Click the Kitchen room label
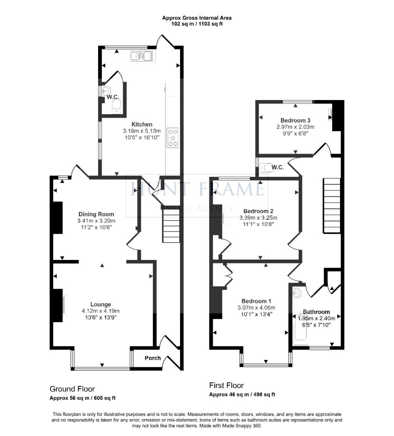coord(142,124)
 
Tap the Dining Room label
coord(96,214)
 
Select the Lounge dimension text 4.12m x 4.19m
coord(101,311)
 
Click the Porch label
coord(153,358)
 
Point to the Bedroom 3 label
coord(295,120)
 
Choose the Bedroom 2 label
coord(258,211)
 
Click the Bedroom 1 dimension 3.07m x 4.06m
coord(256,308)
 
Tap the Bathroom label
coord(316,312)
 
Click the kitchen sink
coord(141,56)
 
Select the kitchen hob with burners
coord(172,137)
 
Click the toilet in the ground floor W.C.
coord(117,106)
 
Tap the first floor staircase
coord(332,206)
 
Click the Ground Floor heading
coord(72,389)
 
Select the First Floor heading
coord(226,386)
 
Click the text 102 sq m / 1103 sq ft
coord(197,24)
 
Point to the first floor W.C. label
coord(278,168)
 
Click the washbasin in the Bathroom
coord(298,293)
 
